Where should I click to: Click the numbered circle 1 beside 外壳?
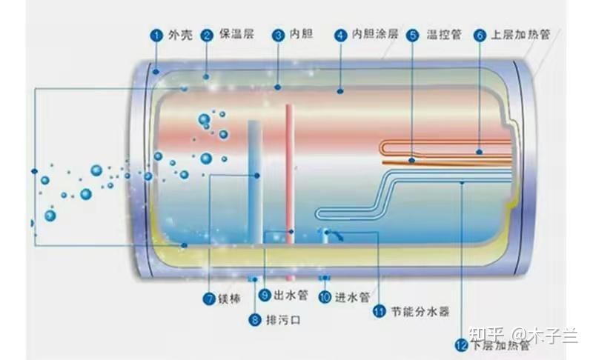[156, 35]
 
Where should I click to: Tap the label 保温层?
[235, 35]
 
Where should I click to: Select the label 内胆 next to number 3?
[302, 35]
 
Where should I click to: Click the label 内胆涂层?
[375, 35]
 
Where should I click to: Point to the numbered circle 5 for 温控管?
[412, 35]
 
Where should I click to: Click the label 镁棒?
[230, 299]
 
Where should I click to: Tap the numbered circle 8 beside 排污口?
[255, 320]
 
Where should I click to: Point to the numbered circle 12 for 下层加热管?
[460, 344]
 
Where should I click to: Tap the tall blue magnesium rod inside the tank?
[254, 178]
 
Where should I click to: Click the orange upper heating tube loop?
[445, 150]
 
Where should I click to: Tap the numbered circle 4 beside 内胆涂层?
[340, 35]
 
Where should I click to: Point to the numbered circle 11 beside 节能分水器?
[380, 312]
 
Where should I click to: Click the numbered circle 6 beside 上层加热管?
[479, 35]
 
